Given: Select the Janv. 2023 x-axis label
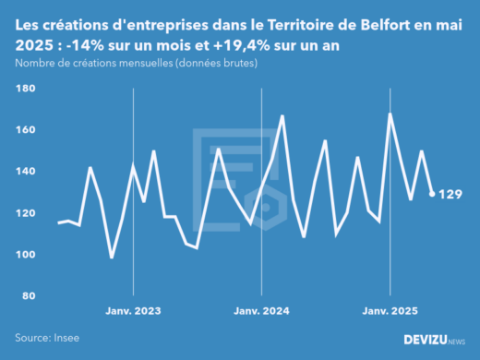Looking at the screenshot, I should click(x=134, y=312).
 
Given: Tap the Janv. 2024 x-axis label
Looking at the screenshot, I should click(x=262, y=312).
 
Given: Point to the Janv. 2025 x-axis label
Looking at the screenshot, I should click(x=390, y=312).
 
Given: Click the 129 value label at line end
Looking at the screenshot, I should click(x=450, y=194).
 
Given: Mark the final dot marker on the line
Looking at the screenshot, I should click(x=433, y=194).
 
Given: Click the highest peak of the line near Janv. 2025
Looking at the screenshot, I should click(x=390, y=114).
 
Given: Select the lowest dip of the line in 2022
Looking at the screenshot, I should click(x=112, y=258).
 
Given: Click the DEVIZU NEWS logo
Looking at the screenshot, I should click(x=434, y=340).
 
